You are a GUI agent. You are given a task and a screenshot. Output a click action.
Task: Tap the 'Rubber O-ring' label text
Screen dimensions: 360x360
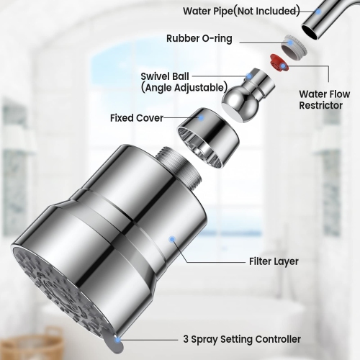[199, 38]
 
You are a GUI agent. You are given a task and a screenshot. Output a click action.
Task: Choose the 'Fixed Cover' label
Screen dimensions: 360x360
[137, 117]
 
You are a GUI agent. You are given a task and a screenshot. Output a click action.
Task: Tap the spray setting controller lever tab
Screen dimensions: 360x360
[114, 343]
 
